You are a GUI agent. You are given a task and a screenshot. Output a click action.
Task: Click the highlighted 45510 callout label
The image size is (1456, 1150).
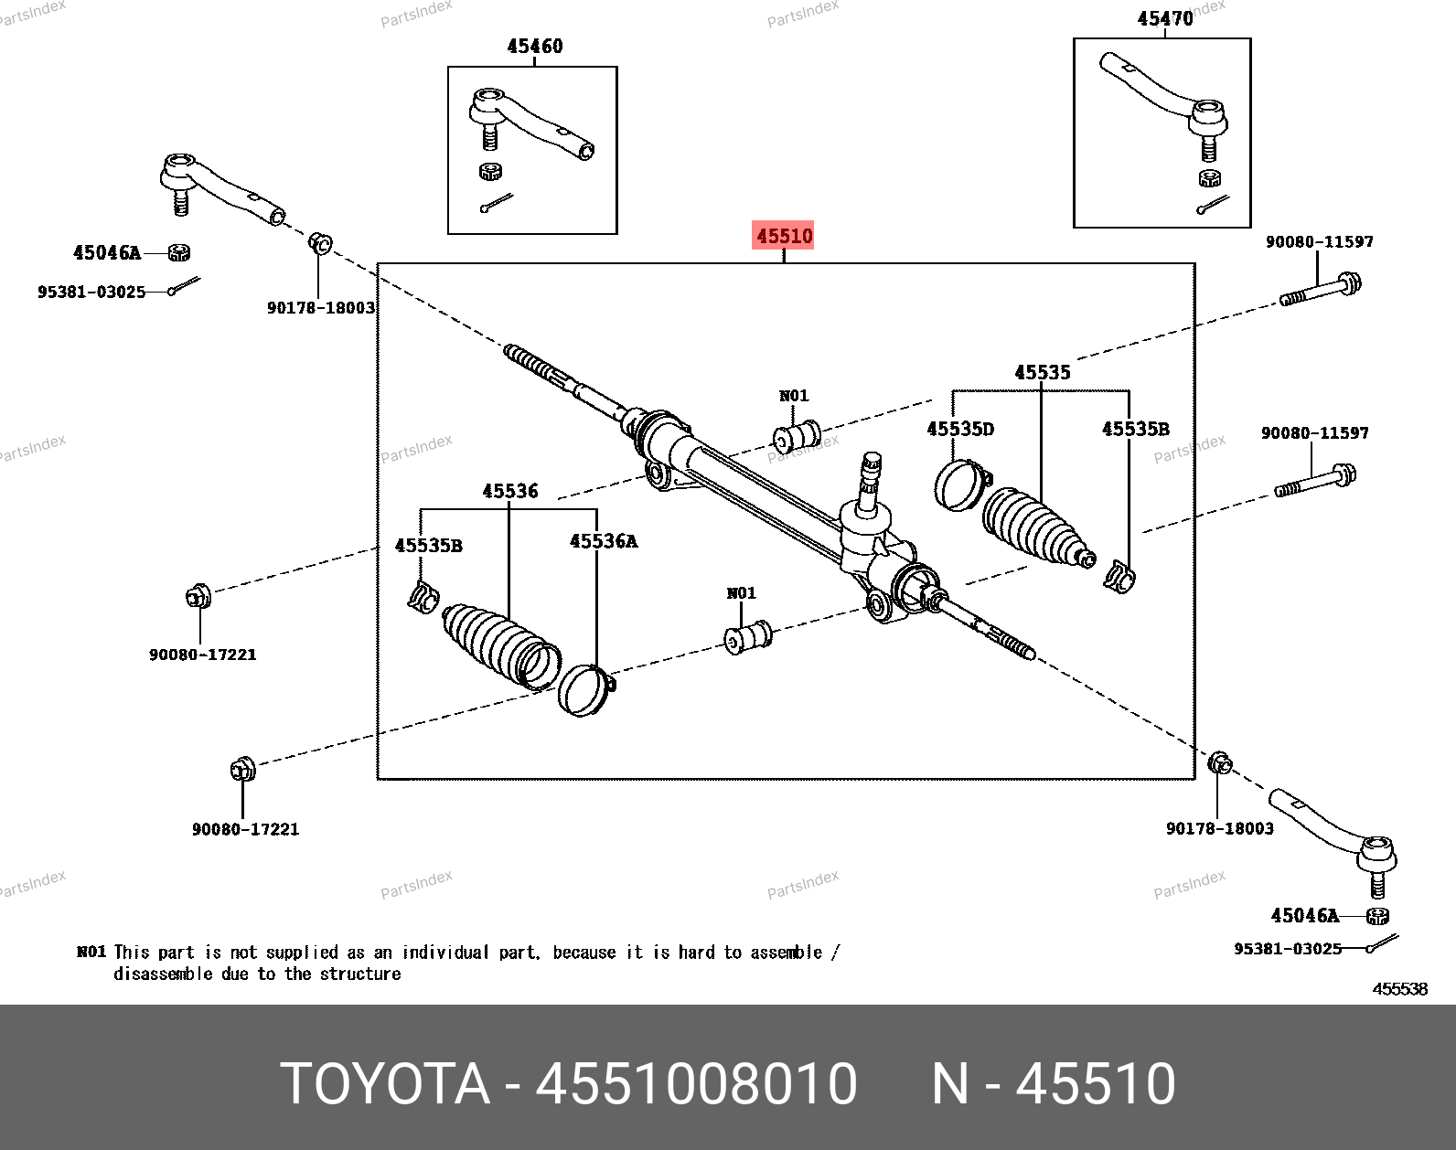(784, 237)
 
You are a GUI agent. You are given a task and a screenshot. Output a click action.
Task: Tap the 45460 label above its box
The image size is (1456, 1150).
(535, 47)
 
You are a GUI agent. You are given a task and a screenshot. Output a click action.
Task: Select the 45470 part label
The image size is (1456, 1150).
(1164, 18)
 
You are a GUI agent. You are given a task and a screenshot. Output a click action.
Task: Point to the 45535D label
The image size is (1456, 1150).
(959, 430)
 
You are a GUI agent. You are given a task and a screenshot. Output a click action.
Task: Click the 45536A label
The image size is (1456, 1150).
(603, 541)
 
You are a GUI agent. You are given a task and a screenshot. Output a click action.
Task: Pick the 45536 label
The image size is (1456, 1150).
(510, 492)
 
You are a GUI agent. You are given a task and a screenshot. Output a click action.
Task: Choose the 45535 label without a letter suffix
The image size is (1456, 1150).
(1042, 373)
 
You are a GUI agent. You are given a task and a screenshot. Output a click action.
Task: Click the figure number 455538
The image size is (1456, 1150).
(1399, 989)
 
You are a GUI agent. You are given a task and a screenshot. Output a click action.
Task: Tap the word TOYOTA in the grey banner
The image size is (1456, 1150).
(385, 1085)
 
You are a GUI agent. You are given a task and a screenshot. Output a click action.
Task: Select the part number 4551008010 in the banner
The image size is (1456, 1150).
(696, 1085)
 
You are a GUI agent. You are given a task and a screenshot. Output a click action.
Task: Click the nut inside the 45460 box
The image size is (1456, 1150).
(492, 171)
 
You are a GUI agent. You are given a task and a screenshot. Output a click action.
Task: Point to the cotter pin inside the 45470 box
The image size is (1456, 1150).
(1213, 206)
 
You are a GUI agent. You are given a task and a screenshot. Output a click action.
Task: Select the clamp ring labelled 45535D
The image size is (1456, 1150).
(961, 484)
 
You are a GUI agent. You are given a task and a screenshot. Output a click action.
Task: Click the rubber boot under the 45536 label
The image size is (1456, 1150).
(498, 640)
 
